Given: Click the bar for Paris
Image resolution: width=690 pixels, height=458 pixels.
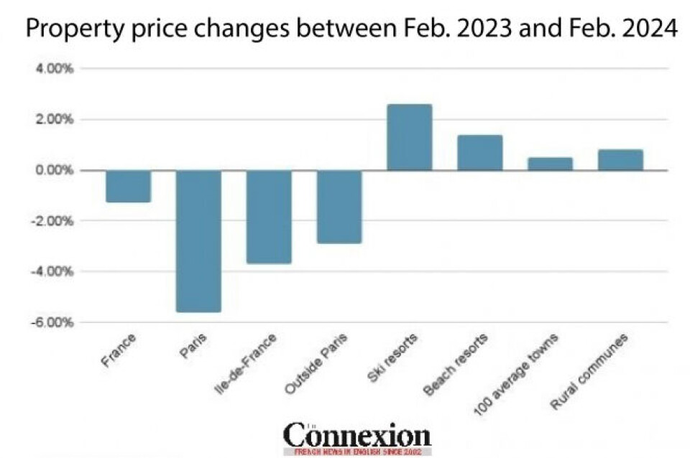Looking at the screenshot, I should (x=198, y=240).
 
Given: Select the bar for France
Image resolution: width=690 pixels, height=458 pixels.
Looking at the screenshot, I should (x=128, y=186).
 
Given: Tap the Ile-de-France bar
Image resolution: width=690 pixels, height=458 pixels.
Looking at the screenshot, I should (x=269, y=217).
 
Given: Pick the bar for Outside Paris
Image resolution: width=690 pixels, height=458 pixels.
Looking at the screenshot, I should (x=339, y=207).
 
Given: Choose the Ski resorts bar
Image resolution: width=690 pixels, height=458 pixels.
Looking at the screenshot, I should (x=410, y=137).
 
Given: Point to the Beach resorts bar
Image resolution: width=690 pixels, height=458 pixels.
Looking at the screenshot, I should (x=479, y=152).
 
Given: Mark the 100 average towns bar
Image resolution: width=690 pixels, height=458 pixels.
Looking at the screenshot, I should (x=550, y=164).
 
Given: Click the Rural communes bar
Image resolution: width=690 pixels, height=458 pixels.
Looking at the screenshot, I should (x=620, y=159).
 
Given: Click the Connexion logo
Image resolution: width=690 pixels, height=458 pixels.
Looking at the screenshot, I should (x=356, y=435).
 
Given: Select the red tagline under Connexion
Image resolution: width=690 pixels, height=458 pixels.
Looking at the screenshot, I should (x=357, y=452).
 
